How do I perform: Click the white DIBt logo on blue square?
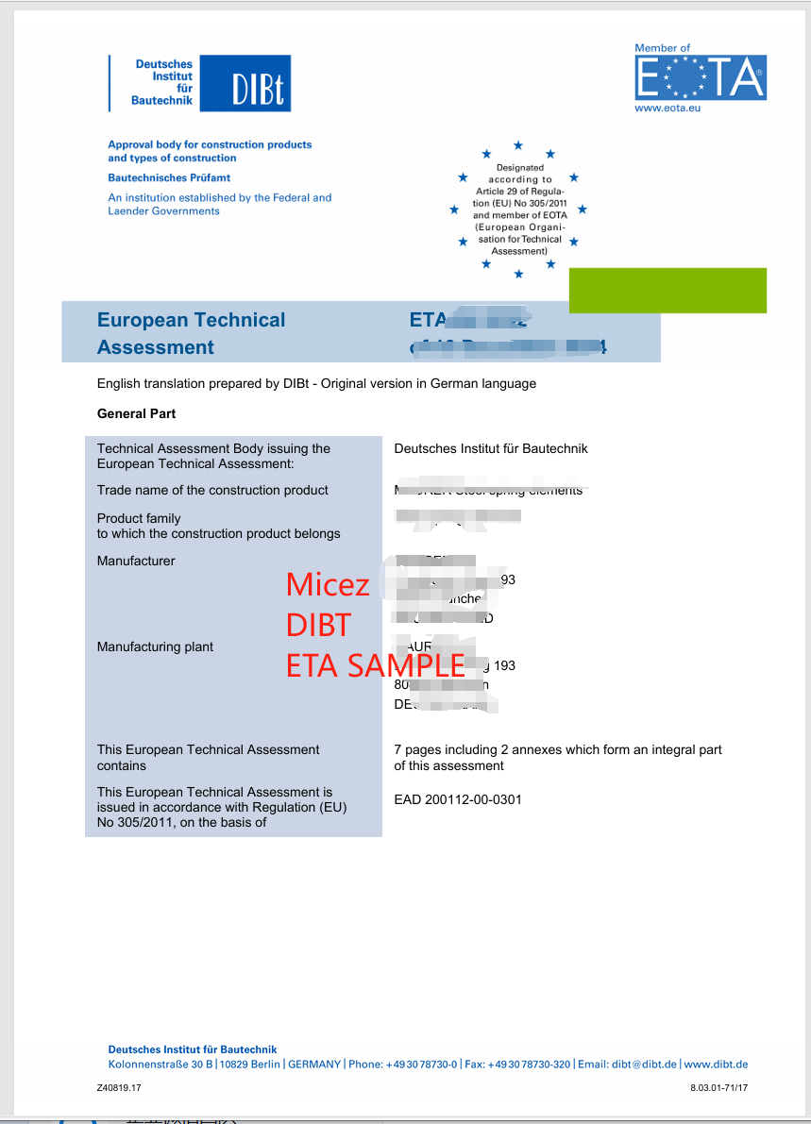point(257,84)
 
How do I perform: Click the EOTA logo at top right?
point(700,77)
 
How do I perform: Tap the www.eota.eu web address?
point(667,109)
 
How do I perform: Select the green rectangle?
point(667,290)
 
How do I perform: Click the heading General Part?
point(136,413)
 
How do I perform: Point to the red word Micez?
point(328,584)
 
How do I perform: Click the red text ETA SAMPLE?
point(375,665)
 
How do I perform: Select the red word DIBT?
point(318,625)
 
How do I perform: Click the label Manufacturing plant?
point(155,646)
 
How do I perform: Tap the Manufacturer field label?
point(136,561)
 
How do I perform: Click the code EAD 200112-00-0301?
point(458,799)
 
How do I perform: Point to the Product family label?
point(139,518)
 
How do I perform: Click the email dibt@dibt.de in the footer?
point(644,1064)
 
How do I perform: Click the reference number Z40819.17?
point(119,1088)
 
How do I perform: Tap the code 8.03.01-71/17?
point(718,1088)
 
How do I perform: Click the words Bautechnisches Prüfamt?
point(169,177)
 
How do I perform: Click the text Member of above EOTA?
point(662,48)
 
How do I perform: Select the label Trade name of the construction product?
point(212,490)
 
